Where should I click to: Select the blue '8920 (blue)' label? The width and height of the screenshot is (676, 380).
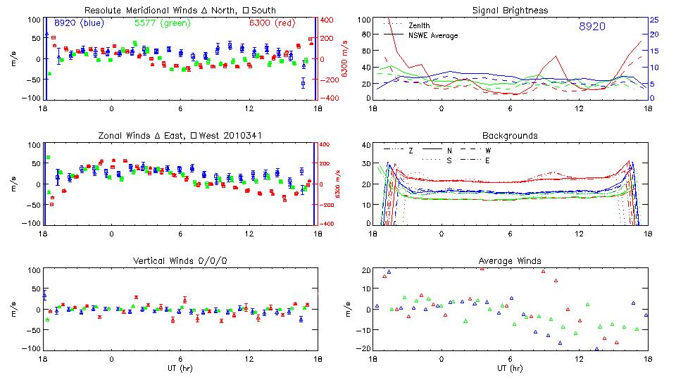coord(79,23)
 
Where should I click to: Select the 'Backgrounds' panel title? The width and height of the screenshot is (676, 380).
coord(510,135)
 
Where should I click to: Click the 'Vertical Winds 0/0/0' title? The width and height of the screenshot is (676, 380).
coord(180,261)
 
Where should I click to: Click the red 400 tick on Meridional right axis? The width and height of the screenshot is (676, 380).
coord(328,20)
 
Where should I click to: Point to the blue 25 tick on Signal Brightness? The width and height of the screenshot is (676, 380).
coord(653,20)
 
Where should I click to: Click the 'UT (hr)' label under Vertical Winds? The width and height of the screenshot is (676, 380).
coord(180,368)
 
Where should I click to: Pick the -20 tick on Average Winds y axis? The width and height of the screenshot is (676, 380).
coord(363,349)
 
